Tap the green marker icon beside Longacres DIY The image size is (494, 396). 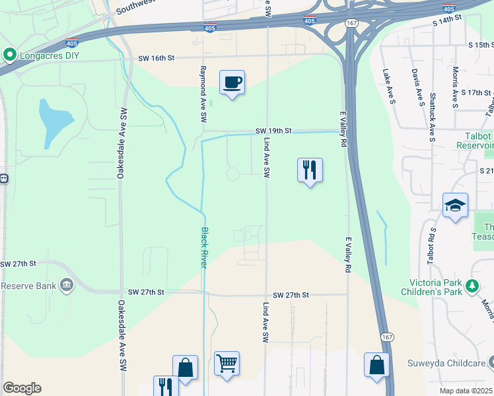click(x=9, y=55)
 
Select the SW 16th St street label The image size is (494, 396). click(x=156, y=58)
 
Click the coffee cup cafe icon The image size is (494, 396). click(x=232, y=83)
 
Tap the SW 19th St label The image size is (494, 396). click(x=274, y=131)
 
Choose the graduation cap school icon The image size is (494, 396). click(x=456, y=206)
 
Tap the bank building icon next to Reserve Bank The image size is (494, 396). click(x=67, y=286)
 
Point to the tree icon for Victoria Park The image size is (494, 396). click(x=472, y=285)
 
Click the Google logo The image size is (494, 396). click(x=22, y=388)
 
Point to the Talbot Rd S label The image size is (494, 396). click(x=432, y=244)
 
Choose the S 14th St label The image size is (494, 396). click(x=445, y=22)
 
